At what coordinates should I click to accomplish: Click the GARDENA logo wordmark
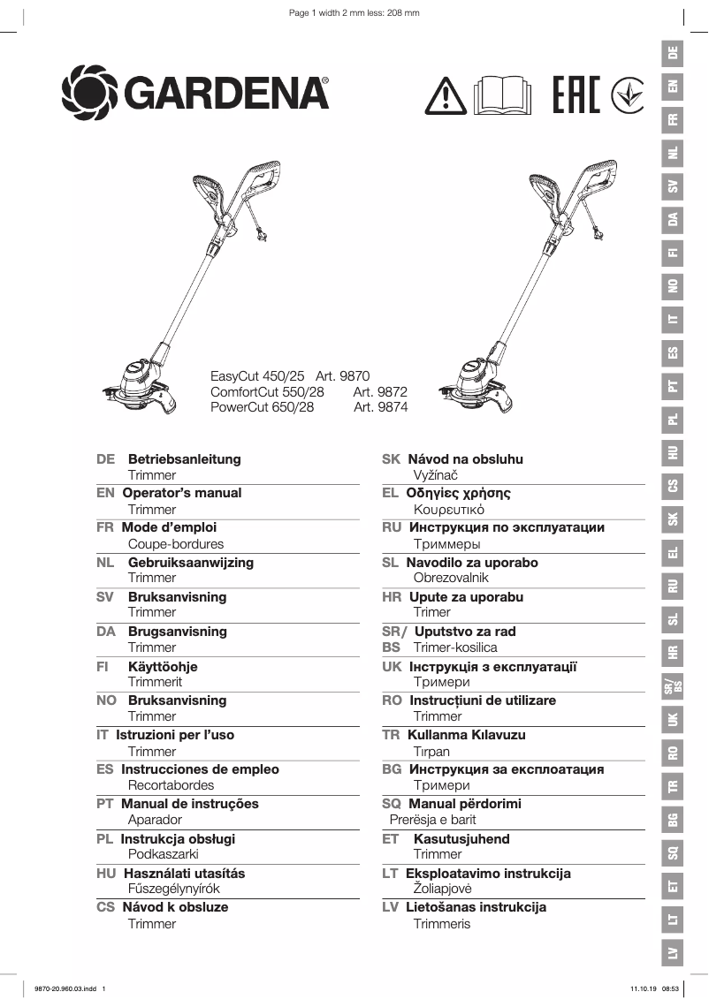pos(225,92)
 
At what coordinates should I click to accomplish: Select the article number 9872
pos(380,391)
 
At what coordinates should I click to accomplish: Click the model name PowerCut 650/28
pos(262,407)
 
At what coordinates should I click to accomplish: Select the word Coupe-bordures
pos(176,544)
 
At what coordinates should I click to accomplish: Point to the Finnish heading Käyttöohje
pos(163,666)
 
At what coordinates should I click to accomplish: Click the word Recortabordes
pos(171,785)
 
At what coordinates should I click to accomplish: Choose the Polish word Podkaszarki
pos(164,854)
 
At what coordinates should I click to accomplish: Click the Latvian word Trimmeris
pos(442,924)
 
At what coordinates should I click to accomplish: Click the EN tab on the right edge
pos(674,86)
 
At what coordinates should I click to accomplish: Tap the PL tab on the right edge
pos(674,419)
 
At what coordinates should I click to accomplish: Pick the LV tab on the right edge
pos(674,953)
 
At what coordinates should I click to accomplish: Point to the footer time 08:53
pos(670,989)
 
